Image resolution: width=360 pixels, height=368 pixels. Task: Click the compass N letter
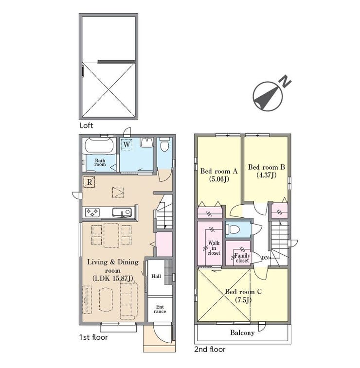coord(285,81)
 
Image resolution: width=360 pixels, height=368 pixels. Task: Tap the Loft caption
coord(87,125)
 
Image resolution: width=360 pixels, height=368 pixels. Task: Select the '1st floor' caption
coord(93,337)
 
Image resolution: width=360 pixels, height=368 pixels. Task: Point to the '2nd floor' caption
coord(210,349)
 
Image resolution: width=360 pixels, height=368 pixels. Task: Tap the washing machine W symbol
coord(126,144)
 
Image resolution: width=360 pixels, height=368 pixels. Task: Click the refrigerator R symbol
coord(89,182)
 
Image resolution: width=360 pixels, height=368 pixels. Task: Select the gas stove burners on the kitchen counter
coord(92,212)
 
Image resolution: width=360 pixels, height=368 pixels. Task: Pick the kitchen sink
coord(122,212)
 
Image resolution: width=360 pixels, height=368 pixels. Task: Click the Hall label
coord(156,276)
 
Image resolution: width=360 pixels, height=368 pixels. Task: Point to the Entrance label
coord(160,309)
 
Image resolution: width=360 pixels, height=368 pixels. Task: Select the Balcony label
coord(242,333)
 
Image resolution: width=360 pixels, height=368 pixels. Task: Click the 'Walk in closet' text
coord(214,248)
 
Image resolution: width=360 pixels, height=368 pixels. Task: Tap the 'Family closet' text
coord(242,258)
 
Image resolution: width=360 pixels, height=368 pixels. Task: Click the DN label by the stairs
coord(265,258)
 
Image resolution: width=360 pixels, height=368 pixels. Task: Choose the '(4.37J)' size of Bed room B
coord(267,175)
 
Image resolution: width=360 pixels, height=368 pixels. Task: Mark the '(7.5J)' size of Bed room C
coord(243,300)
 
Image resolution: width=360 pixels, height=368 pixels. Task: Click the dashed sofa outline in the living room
coord(129,300)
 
